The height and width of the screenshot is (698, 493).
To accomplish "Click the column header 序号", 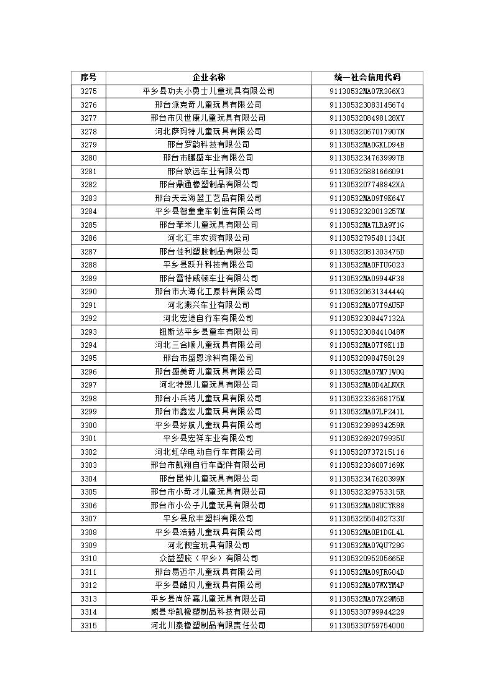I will coord(88,78).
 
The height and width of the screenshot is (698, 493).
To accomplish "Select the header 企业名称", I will coord(208,78).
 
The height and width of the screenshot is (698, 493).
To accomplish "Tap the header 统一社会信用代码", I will coord(367,78).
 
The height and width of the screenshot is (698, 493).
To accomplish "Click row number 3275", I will coord(88,91).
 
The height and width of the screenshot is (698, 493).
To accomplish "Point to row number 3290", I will coord(88,291).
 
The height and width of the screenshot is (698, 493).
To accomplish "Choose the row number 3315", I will coord(88,625).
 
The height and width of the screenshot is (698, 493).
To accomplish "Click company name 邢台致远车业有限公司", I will coord(208,171).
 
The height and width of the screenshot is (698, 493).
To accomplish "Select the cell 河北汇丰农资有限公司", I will coord(208,238).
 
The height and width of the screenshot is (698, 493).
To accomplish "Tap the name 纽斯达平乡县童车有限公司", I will coord(208,332).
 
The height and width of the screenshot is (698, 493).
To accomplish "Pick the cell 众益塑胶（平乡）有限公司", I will coord(208,559).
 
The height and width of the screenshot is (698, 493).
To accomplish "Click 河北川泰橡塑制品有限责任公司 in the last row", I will coord(208,625).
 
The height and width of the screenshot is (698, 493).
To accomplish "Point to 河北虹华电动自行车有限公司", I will coord(208,452).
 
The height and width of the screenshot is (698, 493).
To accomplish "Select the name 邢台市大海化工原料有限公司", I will coord(208,291).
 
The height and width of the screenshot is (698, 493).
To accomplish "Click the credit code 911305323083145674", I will coord(367,105).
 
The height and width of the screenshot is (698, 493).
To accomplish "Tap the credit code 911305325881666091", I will coord(367,171).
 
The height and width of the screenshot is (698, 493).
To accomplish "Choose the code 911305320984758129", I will coord(367,358).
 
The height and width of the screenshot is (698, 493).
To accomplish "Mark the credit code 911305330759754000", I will coord(367,625).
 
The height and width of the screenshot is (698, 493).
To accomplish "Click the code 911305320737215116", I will coord(367,452).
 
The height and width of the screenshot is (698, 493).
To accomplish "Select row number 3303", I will coord(88,465).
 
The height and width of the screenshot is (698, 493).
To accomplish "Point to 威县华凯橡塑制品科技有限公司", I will coord(208,612).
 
